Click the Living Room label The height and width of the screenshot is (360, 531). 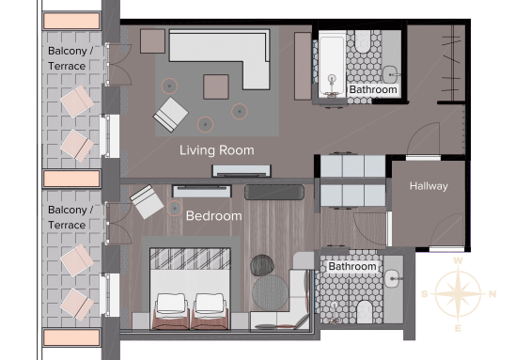[x=217, y=150]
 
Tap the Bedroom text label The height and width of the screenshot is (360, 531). [x=214, y=216]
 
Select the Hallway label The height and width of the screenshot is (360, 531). [x=429, y=186]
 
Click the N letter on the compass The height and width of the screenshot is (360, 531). [x=492, y=294]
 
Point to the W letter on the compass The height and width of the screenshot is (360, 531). [x=458, y=260]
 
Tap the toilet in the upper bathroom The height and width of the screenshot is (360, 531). [x=363, y=41]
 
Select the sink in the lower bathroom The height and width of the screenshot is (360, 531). [x=393, y=279]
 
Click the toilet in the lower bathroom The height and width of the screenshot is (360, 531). [x=365, y=312]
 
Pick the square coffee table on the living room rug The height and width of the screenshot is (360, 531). [x=216, y=87]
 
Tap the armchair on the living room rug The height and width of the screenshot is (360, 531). [x=171, y=115]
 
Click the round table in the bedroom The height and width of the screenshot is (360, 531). [x=270, y=292]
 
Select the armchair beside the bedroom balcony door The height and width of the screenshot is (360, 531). [x=147, y=201]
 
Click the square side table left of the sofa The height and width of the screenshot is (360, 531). [x=152, y=41]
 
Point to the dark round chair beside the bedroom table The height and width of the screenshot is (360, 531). [x=262, y=265]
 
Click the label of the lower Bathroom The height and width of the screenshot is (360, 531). [x=352, y=267]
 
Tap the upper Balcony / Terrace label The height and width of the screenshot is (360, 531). [x=70, y=58]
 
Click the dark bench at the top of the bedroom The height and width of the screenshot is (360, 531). [x=274, y=192]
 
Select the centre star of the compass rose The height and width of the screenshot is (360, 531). [x=458, y=293]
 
